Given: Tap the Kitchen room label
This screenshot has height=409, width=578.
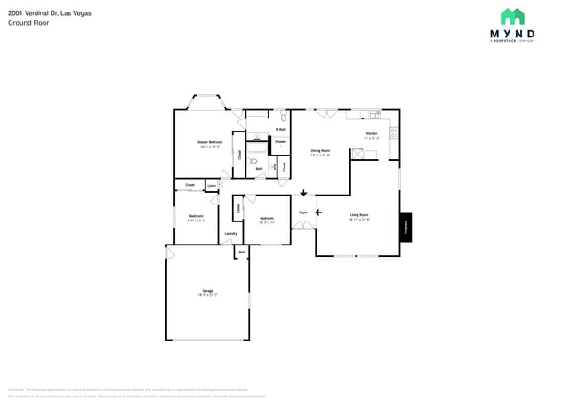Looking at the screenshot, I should coord(372,134).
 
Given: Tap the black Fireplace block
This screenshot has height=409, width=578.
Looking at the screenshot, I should coord(405,226).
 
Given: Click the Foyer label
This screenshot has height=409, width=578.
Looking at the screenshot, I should coord(303,213).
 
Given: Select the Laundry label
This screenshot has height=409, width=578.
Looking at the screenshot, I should coord(229,234).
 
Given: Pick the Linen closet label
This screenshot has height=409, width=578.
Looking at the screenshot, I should coord(212,185).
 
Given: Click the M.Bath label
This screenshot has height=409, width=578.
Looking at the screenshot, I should coord(280,130).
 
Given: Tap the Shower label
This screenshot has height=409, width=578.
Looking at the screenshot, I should coord(280,141).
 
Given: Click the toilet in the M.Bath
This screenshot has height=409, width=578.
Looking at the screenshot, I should coord(283,116).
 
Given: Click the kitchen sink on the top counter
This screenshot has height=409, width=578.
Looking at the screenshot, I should coord(375,115).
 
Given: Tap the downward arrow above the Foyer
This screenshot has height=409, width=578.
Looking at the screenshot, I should coord(303,193).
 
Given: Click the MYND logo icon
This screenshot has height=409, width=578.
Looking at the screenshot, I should coord(511,17).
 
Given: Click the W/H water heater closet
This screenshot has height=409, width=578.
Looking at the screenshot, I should coord(241,253).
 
